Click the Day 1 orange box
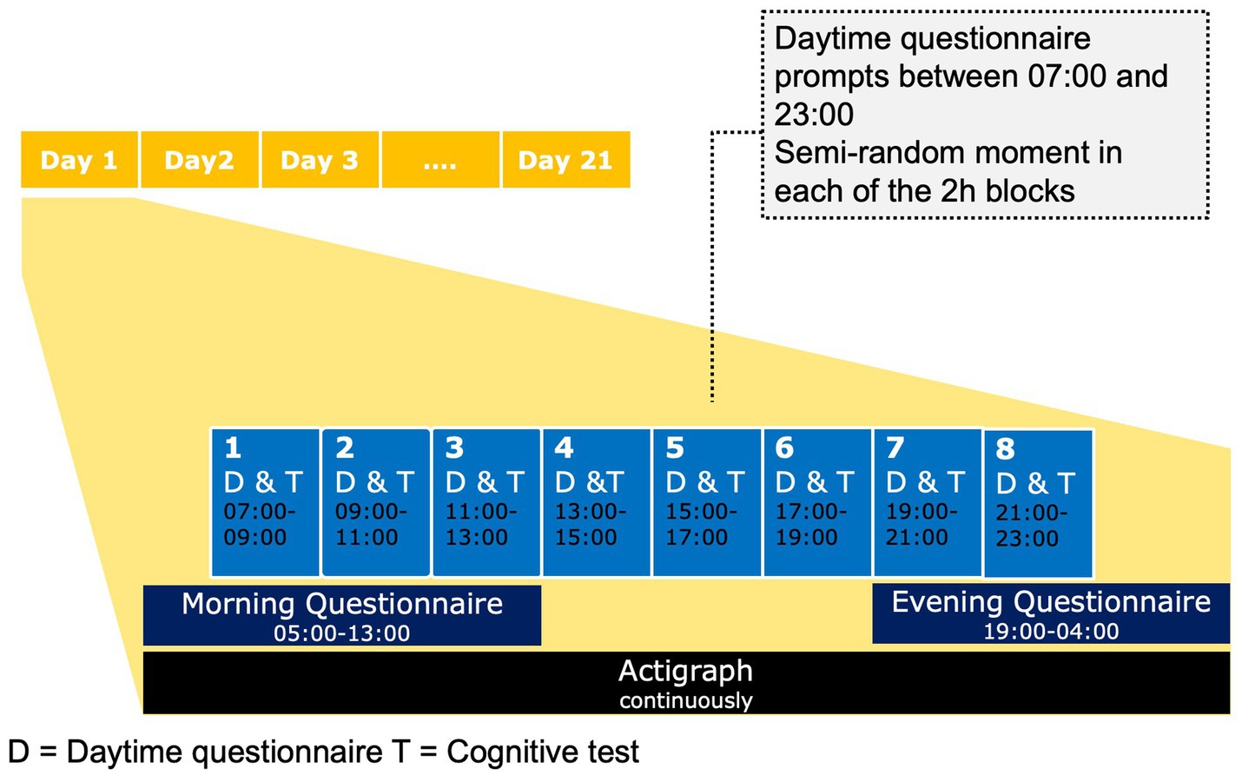pos(79,159)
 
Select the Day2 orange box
pos(200,159)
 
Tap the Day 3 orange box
pos(320,159)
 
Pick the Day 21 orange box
pos(566,159)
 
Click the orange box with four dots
pos(440,159)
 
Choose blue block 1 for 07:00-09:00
pos(266,502)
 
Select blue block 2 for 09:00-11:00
pos(376,502)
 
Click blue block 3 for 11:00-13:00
pos(486,502)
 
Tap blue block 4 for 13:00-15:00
pos(597,502)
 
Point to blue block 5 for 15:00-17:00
pos(707,502)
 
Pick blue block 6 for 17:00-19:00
pos(817,502)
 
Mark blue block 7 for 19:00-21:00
pos(928,502)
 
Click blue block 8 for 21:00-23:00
pos(1038,504)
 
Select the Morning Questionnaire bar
pos(342,615)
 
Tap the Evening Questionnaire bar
pos(1051,613)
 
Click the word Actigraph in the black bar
pos(686,672)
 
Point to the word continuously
pos(686,700)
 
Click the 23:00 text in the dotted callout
pos(814,115)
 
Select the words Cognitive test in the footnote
pos(543,752)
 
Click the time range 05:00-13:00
pos(342,633)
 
